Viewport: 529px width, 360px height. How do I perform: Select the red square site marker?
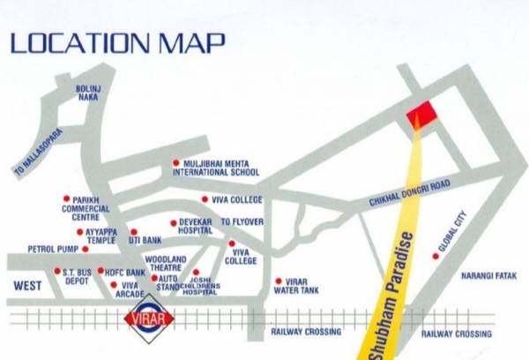point(421,116)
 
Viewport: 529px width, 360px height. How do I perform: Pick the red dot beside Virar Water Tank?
point(276,281)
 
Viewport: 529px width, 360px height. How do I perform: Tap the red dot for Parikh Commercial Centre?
point(67,199)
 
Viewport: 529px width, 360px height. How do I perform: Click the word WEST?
point(28,286)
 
